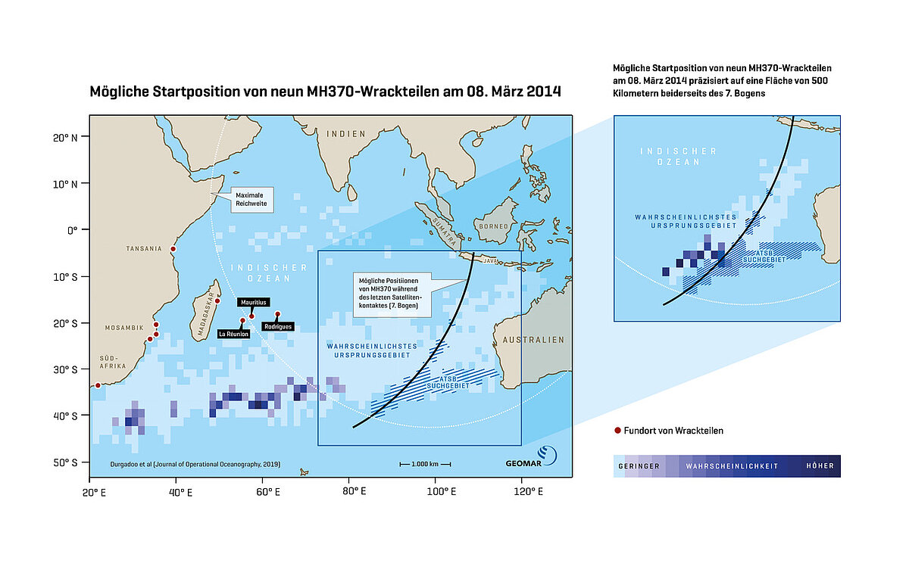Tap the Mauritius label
(254, 302)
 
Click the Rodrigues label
(277, 327)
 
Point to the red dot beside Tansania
(173, 248)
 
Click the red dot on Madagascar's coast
(217, 300)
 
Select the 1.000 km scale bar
(425, 463)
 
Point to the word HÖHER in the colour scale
(820, 466)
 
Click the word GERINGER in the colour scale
(639, 466)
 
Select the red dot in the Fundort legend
(617, 431)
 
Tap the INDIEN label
(345, 134)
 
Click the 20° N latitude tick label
(73, 137)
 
